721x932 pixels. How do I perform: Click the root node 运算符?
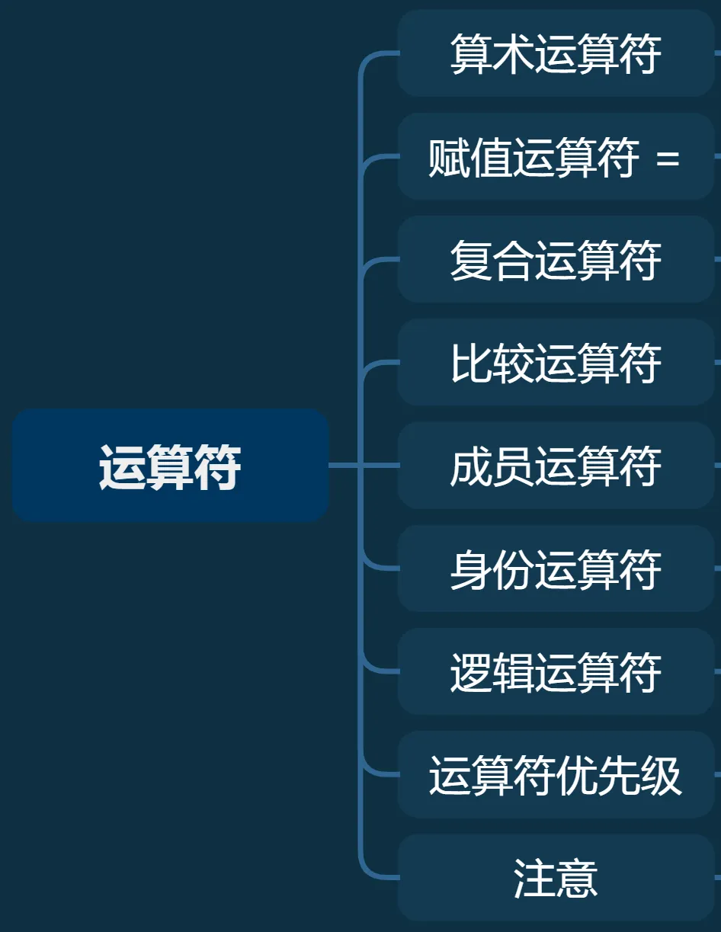coord(170,466)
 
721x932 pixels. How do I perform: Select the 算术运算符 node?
coord(556,53)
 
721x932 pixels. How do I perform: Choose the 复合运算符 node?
coord(556,260)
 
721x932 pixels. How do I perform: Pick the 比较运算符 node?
coord(556,363)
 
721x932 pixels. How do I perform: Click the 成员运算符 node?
coord(556,466)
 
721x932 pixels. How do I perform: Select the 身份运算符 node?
coord(556,568)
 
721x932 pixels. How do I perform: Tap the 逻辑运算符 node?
coord(556,672)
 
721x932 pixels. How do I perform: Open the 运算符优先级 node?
coord(556,775)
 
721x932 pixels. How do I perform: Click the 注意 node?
coord(556,878)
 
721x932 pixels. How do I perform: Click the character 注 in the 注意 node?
coord(534,878)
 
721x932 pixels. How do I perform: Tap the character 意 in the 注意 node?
coord(577,878)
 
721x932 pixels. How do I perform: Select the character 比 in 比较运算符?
coord(470,363)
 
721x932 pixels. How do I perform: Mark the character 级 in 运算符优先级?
coord(661,776)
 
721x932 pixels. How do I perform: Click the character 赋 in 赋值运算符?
coord(449,158)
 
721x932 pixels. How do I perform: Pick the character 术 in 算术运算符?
coord(513,53)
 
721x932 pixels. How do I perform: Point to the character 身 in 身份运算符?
coord(470,569)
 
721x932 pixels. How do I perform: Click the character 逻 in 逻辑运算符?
coord(470,672)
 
